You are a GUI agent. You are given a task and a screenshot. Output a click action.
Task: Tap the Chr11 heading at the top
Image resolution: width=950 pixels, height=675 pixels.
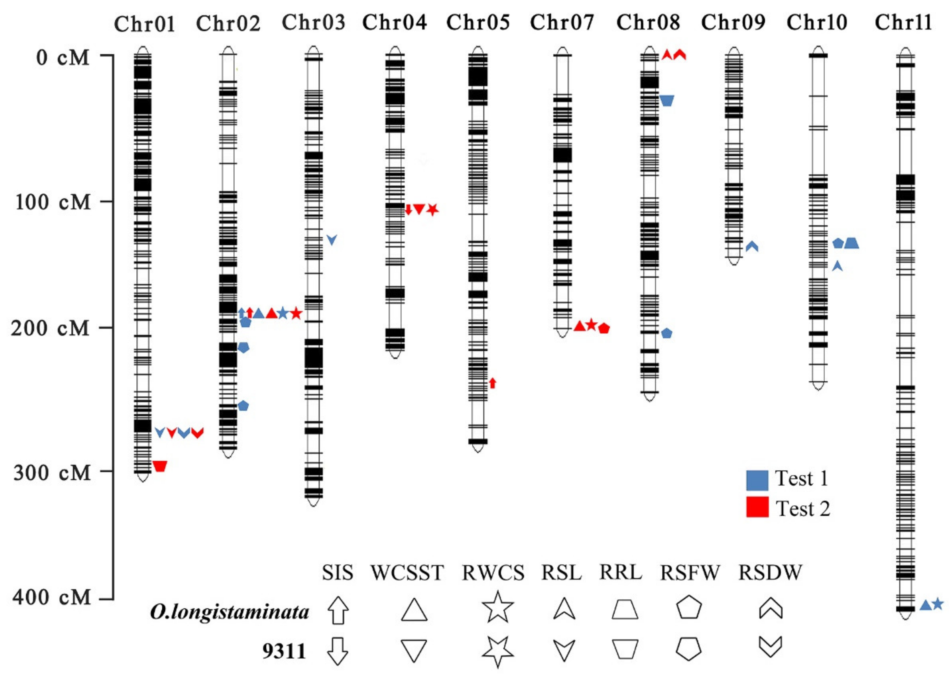pyautogui.click(x=903, y=22)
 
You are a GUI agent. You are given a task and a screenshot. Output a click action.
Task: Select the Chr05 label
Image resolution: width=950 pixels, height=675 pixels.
pyautogui.click(x=478, y=22)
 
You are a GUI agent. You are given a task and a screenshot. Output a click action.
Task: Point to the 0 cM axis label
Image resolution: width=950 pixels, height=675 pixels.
pyautogui.click(x=63, y=57)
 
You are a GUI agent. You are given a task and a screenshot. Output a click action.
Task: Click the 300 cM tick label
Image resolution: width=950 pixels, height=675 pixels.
pyautogui.click(x=52, y=472)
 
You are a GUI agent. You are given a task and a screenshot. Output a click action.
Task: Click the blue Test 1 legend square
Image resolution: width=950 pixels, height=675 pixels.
pyautogui.click(x=757, y=480)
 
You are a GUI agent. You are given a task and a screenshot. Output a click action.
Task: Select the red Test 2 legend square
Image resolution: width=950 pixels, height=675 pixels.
pyautogui.click(x=757, y=507)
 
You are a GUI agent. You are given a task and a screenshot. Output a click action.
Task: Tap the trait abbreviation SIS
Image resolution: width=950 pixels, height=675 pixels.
pyautogui.click(x=337, y=573)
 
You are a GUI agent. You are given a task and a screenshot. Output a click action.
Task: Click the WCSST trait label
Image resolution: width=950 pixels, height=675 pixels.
pyautogui.click(x=407, y=573)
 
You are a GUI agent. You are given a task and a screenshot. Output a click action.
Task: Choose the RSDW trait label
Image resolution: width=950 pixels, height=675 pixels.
pyautogui.click(x=770, y=573)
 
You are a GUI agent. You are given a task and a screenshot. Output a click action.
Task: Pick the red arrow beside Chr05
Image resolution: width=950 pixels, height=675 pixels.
pyautogui.click(x=493, y=383)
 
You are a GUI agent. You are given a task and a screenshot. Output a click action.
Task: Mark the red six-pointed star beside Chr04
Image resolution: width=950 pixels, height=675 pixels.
pyautogui.click(x=433, y=210)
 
